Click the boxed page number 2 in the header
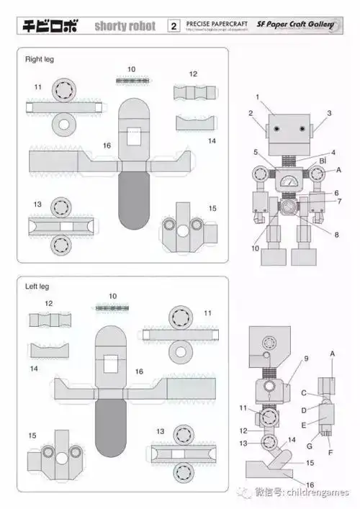174,27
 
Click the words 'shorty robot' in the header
125,27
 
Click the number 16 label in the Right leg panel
107,145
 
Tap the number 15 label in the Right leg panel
212,208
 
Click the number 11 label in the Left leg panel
207,313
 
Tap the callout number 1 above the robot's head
257,96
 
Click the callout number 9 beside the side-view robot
305,359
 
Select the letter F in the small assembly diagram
330,454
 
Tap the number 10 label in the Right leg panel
131,70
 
